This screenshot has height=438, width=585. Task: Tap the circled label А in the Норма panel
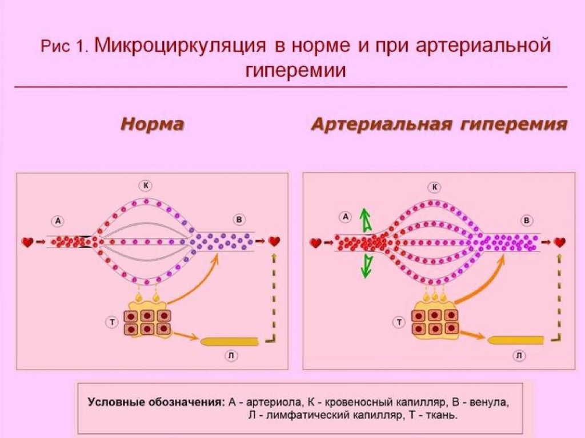(x=57, y=220)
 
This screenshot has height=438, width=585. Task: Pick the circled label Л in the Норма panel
(x=231, y=355)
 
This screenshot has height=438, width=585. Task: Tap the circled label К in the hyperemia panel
(x=435, y=186)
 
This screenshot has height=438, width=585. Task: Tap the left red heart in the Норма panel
(x=27, y=242)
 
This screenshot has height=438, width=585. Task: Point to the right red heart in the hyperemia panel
(x=560, y=242)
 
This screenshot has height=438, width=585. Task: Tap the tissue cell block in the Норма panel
(x=147, y=322)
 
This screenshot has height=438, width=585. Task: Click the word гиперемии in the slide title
(x=296, y=71)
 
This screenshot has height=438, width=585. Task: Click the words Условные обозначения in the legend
(x=155, y=402)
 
